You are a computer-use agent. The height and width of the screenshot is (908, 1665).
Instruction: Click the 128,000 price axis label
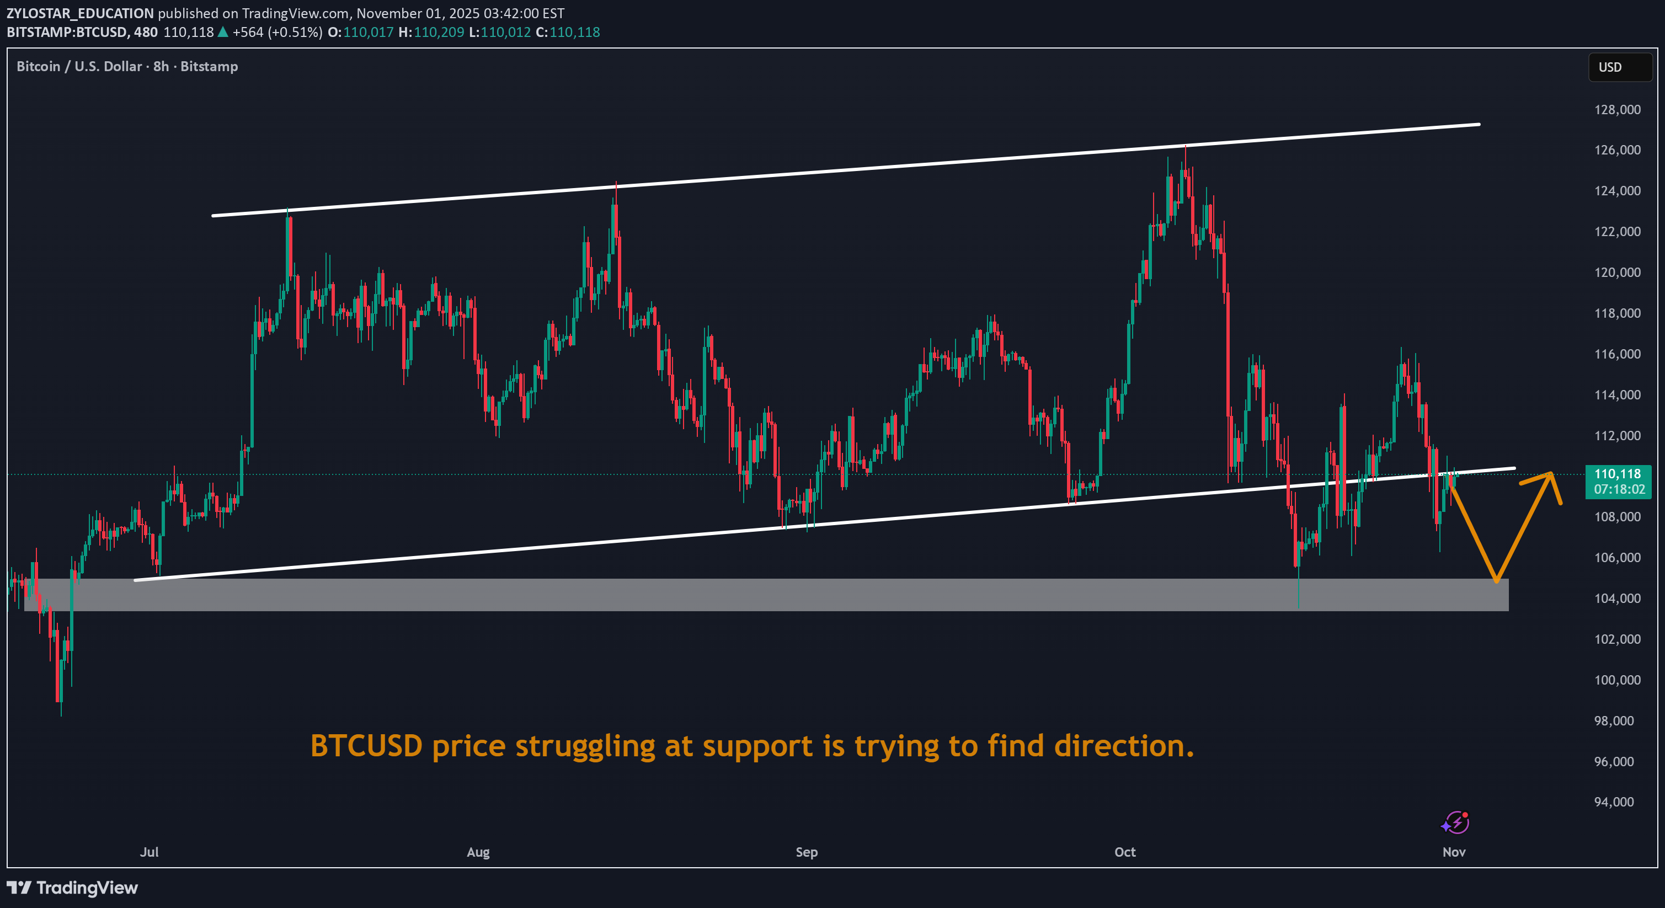pyautogui.click(x=1616, y=110)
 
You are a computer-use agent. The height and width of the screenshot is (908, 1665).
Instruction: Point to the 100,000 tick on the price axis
pyautogui.click(x=1616, y=680)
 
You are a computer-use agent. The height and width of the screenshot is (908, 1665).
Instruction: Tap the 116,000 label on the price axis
pyautogui.click(x=1616, y=354)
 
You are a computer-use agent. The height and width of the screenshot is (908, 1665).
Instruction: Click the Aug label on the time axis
pyautogui.click(x=478, y=852)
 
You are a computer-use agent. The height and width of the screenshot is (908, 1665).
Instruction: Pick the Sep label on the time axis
pyautogui.click(x=806, y=852)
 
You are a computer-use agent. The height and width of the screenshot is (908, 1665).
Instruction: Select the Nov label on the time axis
pyautogui.click(x=1454, y=852)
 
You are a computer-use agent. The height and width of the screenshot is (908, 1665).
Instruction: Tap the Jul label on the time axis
pyautogui.click(x=150, y=852)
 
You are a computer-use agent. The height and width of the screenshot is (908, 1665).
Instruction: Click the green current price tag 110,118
pyautogui.click(x=1617, y=474)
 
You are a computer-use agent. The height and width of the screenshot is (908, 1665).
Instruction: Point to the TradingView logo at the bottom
pyautogui.click(x=72, y=888)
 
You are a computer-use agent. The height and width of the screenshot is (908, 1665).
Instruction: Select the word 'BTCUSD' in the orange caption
pyautogui.click(x=366, y=746)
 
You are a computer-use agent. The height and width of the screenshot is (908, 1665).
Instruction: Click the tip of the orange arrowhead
pyautogui.click(x=1551, y=474)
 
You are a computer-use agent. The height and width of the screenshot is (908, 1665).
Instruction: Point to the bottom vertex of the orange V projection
pyautogui.click(x=1496, y=581)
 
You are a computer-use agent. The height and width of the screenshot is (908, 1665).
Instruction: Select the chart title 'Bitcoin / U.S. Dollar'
pyautogui.click(x=79, y=67)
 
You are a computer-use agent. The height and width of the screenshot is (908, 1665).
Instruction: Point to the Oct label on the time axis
pyautogui.click(x=1125, y=852)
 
